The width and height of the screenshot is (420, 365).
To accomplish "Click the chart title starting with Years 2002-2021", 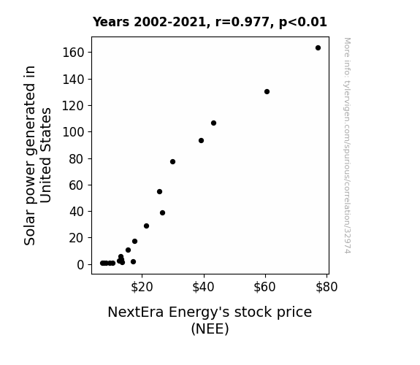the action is [x=210, y=22].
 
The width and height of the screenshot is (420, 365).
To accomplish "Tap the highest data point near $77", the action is [x=318, y=48].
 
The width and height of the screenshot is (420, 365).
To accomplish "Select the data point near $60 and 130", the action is [x=267, y=91].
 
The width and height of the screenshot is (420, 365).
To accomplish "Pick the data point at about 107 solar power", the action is [x=213, y=123].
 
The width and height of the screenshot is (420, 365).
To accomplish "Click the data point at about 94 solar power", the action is [x=201, y=141].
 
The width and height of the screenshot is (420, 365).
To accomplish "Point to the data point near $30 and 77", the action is [x=173, y=162].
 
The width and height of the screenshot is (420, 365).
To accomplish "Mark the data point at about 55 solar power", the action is [x=160, y=192].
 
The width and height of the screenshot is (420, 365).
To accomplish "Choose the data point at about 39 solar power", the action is [x=162, y=213].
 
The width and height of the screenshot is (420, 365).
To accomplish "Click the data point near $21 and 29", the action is [x=146, y=226].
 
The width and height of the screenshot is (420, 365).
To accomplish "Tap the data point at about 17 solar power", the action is [x=134, y=242].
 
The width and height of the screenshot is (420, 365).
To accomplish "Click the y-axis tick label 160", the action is [x=73, y=53].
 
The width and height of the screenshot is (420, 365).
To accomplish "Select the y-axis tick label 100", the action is [x=73, y=132].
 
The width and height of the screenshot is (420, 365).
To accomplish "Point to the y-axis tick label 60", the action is [x=77, y=185].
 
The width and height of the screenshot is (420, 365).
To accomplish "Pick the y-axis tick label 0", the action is [x=80, y=264].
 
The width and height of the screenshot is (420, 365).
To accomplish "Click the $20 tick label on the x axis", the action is [x=142, y=287].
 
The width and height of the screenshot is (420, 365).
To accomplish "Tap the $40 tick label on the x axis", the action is [x=203, y=287].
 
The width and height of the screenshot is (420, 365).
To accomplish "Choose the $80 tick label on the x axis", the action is [x=327, y=287].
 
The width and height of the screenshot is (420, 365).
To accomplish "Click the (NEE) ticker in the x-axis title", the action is [x=210, y=328].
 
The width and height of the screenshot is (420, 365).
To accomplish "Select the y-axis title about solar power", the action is [x=37, y=155].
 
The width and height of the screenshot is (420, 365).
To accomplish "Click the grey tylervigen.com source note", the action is [x=347, y=145].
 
